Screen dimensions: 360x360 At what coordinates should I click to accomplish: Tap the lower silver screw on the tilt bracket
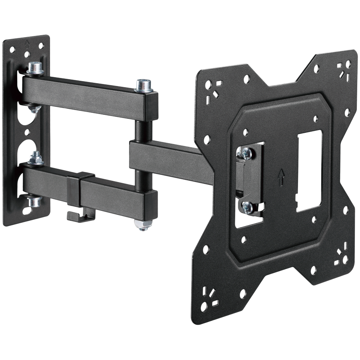(247, 206)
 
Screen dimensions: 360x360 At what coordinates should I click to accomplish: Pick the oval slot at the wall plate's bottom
(27, 209)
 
